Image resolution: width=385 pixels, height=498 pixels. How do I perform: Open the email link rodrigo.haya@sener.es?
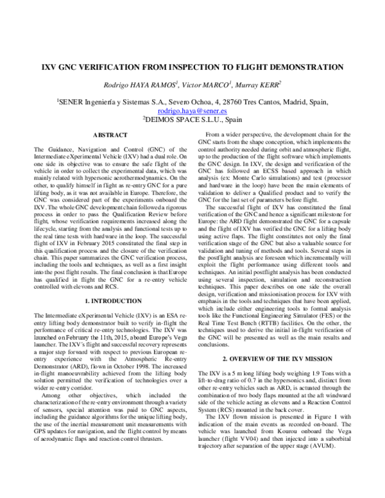point(193,110)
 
